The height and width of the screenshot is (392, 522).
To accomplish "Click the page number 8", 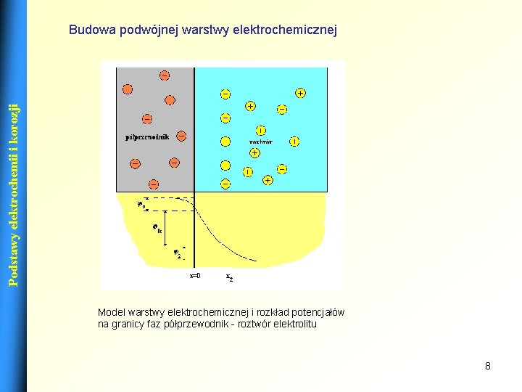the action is (x=488, y=366).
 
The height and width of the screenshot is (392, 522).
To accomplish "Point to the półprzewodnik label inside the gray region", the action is (x=147, y=136).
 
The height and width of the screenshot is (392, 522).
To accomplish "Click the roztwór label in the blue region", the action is (x=261, y=142).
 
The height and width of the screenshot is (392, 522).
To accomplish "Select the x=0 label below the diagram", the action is (x=195, y=277).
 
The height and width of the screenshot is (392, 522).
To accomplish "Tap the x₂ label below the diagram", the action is (x=229, y=277).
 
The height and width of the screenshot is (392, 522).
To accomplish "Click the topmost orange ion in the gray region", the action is (x=165, y=75).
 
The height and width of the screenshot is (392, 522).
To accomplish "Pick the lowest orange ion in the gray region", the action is (x=154, y=184).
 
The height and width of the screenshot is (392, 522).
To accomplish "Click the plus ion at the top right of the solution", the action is (x=299, y=93).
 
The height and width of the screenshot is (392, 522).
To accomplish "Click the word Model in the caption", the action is (x=111, y=313).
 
